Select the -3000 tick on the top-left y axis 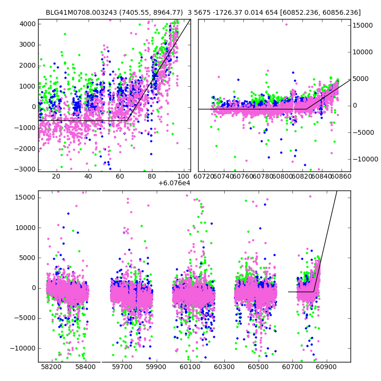27,169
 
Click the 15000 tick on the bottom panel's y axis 25,197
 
